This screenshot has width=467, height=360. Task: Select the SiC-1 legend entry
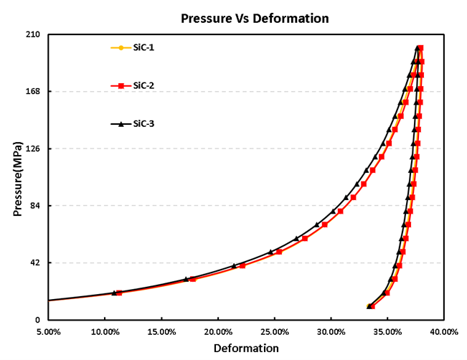(x=143, y=48)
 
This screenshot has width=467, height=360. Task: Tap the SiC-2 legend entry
(x=143, y=85)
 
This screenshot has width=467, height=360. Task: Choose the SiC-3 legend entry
(x=143, y=123)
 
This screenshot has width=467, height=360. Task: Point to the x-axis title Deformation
(x=246, y=349)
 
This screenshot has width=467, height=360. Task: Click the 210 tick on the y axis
(x=32, y=34)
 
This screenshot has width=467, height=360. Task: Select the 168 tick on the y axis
(x=32, y=92)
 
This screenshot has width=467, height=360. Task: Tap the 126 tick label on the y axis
(x=32, y=148)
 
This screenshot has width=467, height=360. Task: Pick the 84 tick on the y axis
(x=34, y=206)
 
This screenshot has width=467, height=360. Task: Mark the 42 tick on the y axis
(x=34, y=262)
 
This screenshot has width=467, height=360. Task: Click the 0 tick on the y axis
(x=36, y=320)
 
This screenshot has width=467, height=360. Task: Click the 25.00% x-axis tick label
(x=275, y=332)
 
